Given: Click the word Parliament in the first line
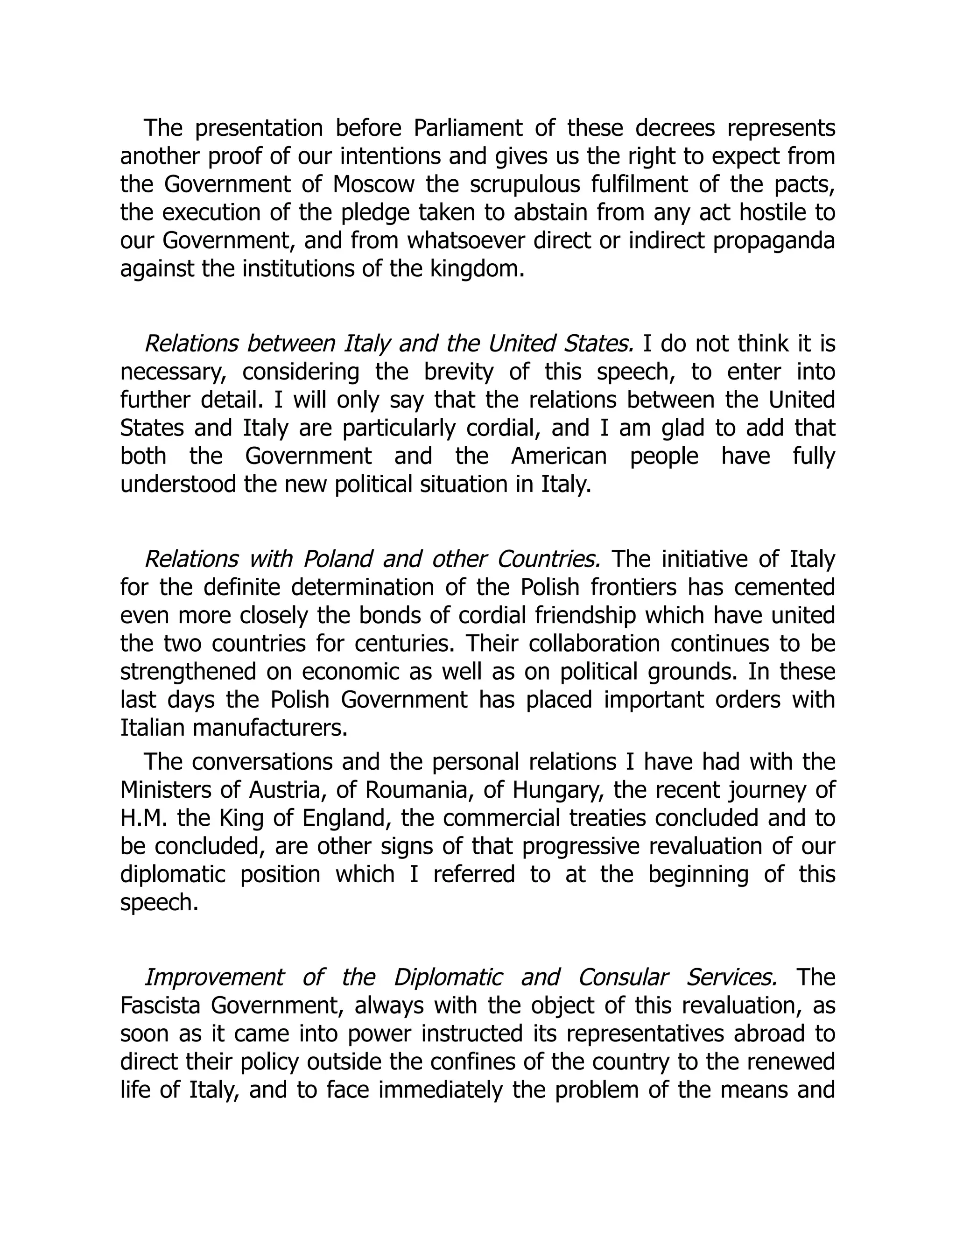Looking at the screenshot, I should [x=468, y=128].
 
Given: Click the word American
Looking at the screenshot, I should [x=558, y=457].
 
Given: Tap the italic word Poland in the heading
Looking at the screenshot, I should [x=337, y=560].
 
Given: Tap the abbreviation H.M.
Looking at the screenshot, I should [x=143, y=818].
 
